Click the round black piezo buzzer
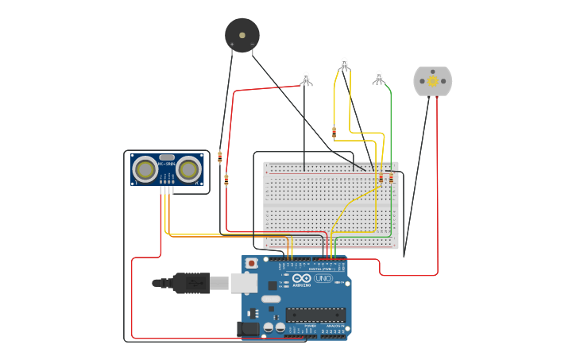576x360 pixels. tap(242, 34)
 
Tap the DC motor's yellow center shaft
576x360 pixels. tap(433, 81)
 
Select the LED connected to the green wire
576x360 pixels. tap(379, 77)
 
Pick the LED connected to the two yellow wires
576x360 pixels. tap(344, 63)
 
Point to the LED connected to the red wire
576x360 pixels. tap(307, 78)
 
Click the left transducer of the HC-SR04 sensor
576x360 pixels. tap(145, 168)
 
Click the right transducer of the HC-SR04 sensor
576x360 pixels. tap(189, 168)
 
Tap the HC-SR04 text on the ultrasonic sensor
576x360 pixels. tap(167, 165)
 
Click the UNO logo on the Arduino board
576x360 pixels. tap(323, 278)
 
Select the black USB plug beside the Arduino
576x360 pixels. tap(191, 283)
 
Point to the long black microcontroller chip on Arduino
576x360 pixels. tap(315, 315)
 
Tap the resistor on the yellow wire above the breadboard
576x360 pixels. tap(334, 132)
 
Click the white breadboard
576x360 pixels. tap(331, 205)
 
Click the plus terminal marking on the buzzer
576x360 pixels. tap(232, 45)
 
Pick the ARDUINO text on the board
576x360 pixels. tap(302, 284)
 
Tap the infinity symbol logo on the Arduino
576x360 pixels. tap(302, 277)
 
